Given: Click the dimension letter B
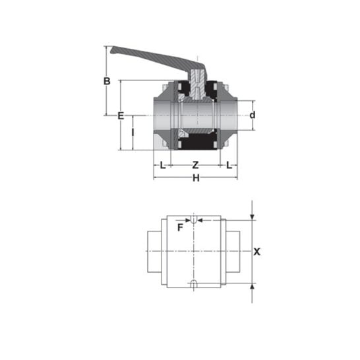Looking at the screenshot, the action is point(107,81).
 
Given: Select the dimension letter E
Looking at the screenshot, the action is point(121,116).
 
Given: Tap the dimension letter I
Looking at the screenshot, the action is point(133,133).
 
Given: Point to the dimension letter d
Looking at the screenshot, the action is point(253,115).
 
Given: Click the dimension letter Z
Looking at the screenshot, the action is point(195,165).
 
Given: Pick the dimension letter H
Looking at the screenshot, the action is point(196,178).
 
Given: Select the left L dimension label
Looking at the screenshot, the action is point(163,165).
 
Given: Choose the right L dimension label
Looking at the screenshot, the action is point(229,165).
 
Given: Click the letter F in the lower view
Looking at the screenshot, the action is point(181,227).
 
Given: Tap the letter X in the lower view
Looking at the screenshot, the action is point(257,252).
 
